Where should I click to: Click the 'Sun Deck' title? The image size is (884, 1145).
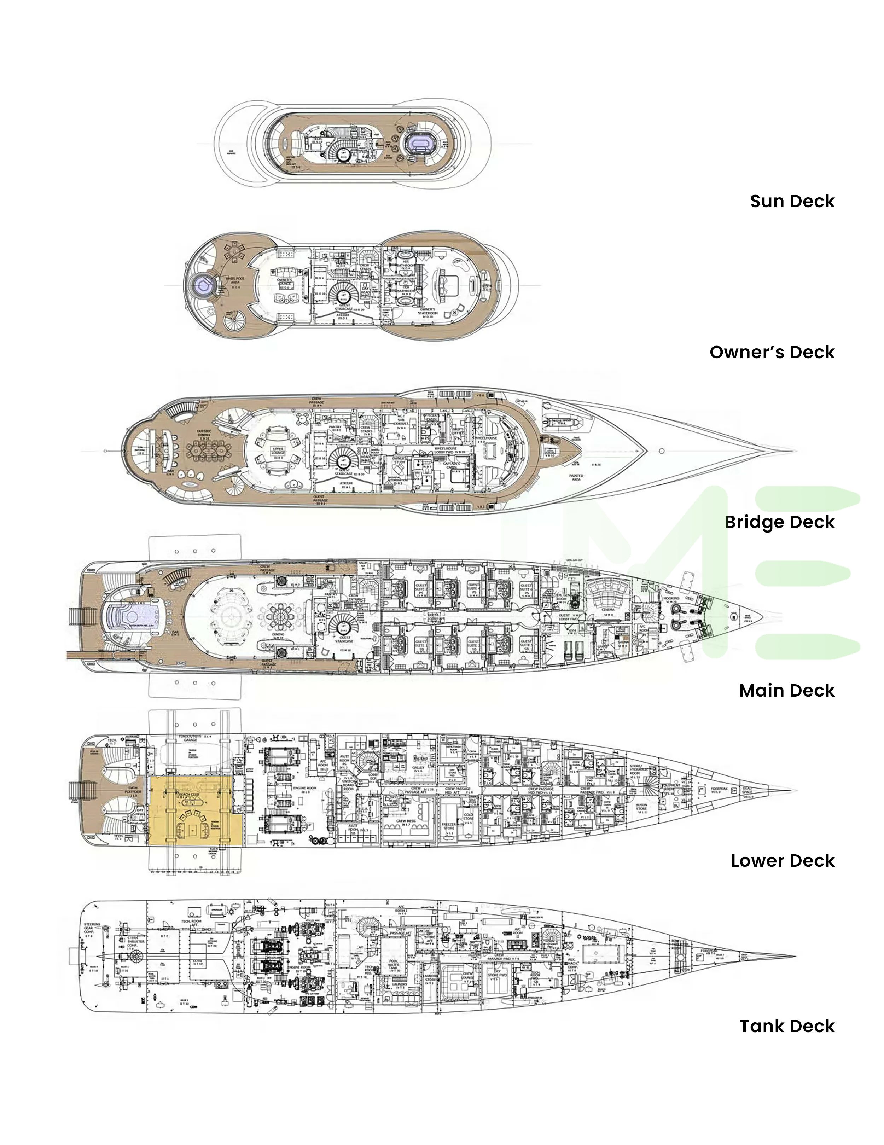[x=792, y=201]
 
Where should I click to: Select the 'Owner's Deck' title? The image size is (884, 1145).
[x=772, y=352]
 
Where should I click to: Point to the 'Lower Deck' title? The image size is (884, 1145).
[x=782, y=861]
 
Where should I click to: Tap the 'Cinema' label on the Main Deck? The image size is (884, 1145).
[x=608, y=610]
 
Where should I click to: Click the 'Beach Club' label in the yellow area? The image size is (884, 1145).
[x=189, y=795]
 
